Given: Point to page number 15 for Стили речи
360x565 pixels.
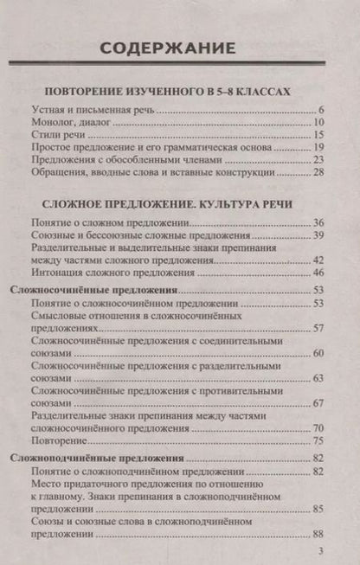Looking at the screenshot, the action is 318,135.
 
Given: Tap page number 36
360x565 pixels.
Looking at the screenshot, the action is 318,223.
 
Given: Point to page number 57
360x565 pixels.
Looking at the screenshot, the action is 318,329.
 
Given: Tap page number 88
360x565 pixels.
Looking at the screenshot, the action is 318,533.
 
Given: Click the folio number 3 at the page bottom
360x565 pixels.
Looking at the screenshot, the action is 321,551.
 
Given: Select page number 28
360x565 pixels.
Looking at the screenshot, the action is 318,172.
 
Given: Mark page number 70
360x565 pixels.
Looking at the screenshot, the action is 318,428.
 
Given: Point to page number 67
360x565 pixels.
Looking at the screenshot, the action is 318,403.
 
